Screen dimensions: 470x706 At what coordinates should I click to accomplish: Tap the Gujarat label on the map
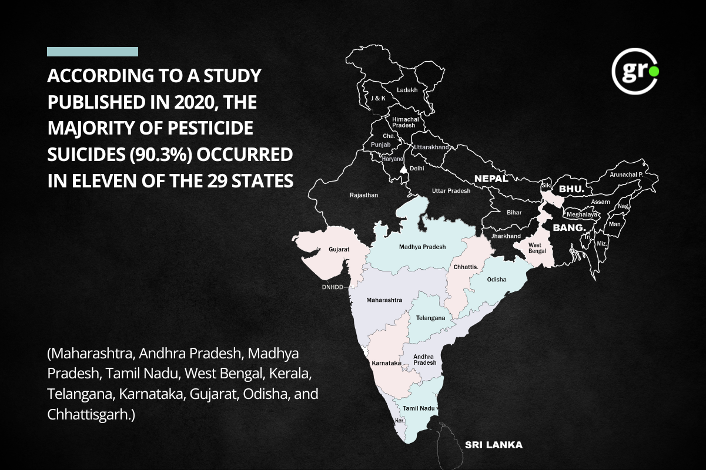(x=339, y=249)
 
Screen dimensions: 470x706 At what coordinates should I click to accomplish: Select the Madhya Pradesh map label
(x=422, y=247)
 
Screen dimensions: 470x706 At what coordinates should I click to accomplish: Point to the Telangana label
(x=430, y=318)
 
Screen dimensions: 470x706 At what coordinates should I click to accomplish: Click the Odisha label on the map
(x=497, y=280)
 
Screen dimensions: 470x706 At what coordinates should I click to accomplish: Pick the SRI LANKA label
(x=493, y=445)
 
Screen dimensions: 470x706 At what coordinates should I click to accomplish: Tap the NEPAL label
(x=491, y=179)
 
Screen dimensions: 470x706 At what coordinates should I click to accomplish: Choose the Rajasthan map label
(x=364, y=194)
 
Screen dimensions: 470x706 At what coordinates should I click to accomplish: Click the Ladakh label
(x=407, y=90)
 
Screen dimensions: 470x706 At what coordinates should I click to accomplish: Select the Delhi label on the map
(x=417, y=168)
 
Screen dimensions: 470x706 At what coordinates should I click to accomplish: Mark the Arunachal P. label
(x=627, y=174)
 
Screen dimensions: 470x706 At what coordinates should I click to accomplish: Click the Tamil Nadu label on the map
(x=419, y=408)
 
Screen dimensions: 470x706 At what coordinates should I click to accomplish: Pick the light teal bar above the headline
(x=92, y=52)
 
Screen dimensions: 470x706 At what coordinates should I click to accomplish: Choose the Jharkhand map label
(x=506, y=236)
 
